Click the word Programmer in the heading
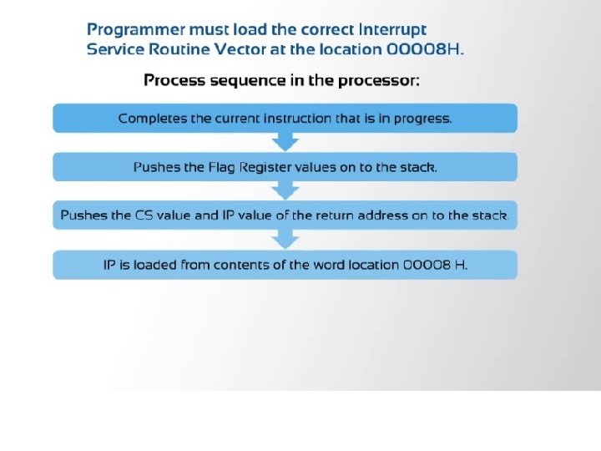pos(136,30)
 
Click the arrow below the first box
pos(285,142)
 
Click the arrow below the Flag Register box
pos(285,190)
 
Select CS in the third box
pos(144,215)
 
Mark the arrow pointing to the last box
pos(285,240)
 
